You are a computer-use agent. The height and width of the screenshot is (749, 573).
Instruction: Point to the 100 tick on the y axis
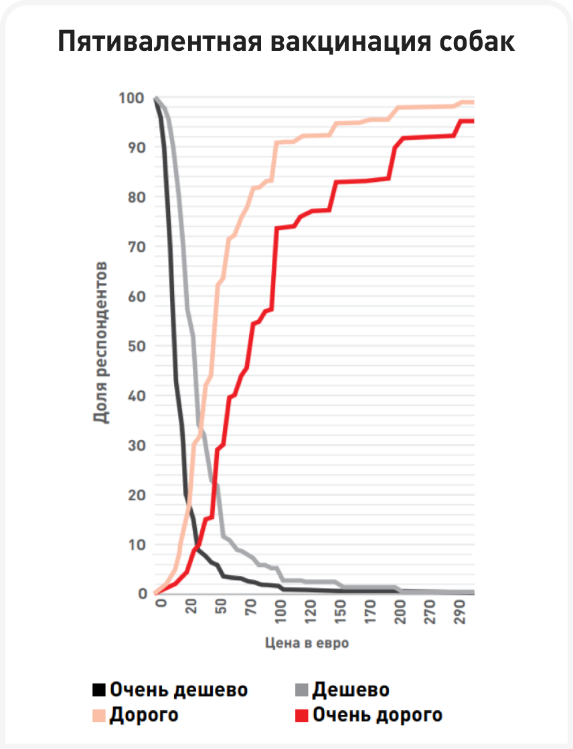131,98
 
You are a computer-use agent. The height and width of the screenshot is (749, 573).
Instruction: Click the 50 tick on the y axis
136,346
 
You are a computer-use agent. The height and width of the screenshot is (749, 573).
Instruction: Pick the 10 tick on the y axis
136,544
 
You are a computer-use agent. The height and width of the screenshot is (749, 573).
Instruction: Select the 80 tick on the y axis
136,197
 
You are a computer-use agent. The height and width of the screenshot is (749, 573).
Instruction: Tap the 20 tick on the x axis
191,610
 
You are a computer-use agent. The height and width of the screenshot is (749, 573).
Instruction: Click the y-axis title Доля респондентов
101,343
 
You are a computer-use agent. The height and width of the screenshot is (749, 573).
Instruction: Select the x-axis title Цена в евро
307,643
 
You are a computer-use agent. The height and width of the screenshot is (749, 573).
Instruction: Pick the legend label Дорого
144,715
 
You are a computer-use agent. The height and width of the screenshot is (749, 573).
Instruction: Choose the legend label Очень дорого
378,715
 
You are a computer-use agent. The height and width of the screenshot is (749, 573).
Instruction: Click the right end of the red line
473,121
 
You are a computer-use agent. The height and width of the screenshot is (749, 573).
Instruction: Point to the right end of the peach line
473,102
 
